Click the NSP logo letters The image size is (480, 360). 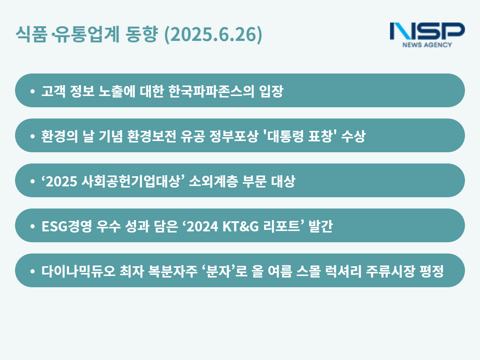coord(427,31)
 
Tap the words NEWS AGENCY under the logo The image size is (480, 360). coord(427,45)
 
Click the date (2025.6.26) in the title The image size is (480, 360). coord(213,34)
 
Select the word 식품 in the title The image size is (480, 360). coord(31,34)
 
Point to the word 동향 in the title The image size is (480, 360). coord(141,34)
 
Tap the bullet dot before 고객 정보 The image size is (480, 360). coord(33,91)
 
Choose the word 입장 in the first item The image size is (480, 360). coord(271,91)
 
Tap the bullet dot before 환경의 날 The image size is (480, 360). coord(33,136)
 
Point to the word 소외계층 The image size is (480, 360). coord(213,181)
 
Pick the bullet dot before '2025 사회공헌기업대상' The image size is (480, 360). coord(33,181)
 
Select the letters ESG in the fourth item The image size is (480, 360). coord(54,226)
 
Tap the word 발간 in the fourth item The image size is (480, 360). coord(321,226)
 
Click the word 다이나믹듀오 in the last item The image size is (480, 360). coord(78,271)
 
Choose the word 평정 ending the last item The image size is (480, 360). coord(432,271)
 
